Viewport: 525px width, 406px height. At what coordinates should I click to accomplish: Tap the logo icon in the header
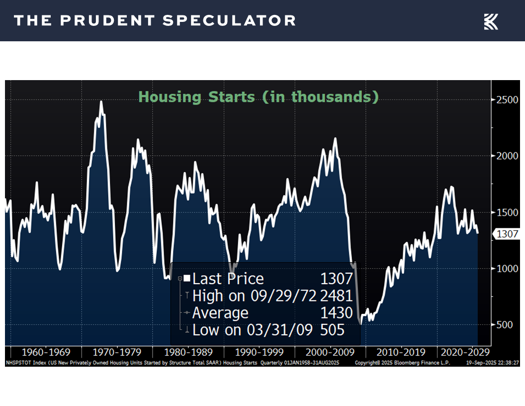(x=491, y=21)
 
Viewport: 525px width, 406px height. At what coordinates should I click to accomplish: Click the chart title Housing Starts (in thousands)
(x=259, y=97)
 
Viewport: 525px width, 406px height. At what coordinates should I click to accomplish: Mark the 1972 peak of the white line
(x=101, y=101)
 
